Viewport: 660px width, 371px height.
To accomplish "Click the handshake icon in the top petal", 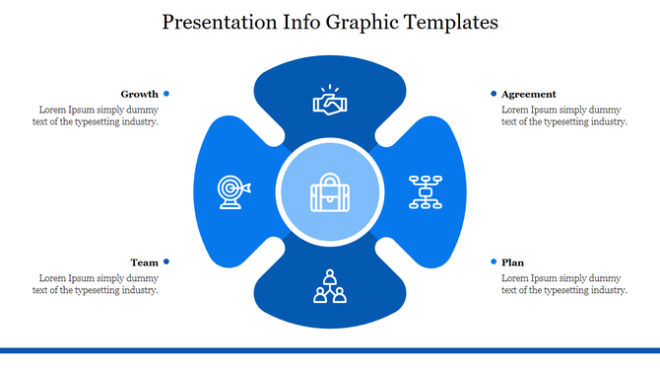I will click(330, 101).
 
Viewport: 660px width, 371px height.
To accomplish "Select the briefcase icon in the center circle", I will click(330, 192).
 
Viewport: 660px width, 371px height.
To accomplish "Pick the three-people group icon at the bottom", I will click(330, 285).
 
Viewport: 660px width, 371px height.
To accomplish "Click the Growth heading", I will click(139, 94).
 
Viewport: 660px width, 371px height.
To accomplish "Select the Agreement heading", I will click(528, 94).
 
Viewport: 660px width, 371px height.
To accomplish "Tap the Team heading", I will click(144, 262).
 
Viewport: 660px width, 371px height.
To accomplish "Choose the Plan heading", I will click(512, 262).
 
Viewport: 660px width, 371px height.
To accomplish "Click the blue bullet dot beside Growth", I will click(166, 94).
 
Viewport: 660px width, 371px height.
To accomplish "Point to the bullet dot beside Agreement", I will click(494, 94).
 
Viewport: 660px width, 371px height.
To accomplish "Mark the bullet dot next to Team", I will click(166, 261).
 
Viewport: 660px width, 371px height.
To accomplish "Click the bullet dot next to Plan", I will click(494, 261).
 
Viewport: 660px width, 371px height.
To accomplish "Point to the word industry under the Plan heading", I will click(606, 290).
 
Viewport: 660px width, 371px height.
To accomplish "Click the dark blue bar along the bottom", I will click(330, 349).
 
